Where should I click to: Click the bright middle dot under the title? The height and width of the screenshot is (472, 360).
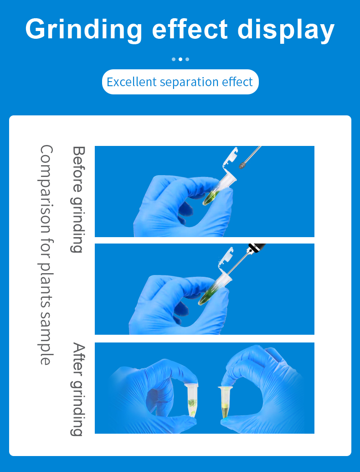(180, 59)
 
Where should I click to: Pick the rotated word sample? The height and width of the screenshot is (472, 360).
(46, 338)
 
